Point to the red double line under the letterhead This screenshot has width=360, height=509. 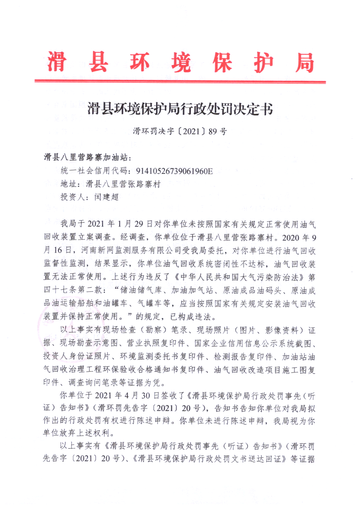(x=180, y=81)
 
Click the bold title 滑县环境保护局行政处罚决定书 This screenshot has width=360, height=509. (x=180, y=108)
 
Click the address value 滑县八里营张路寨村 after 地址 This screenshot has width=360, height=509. (x=118, y=184)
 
